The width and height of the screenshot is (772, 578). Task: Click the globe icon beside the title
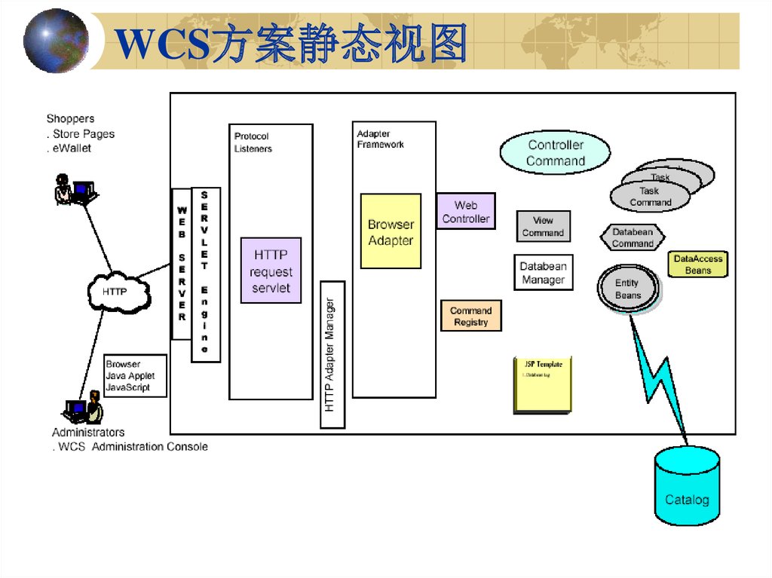click(55, 41)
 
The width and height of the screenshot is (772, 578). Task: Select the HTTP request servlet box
click(271, 271)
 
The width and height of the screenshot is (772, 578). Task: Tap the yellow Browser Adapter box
click(391, 231)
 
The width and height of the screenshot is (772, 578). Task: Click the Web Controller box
click(466, 212)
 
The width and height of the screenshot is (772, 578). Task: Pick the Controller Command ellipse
click(555, 152)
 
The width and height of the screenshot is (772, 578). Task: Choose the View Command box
click(543, 226)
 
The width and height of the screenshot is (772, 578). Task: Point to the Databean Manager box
click(543, 273)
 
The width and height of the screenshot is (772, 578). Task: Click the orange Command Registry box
click(470, 316)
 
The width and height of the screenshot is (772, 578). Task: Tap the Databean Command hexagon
click(633, 238)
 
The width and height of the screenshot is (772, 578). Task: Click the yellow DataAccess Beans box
click(698, 265)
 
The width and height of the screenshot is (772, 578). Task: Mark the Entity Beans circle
click(627, 289)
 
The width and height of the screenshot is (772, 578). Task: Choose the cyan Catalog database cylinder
click(687, 486)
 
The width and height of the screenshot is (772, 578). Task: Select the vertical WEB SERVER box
click(181, 264)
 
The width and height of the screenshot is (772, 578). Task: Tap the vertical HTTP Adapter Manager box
click(332, 354)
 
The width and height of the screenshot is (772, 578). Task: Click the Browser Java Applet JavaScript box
click(134, 375)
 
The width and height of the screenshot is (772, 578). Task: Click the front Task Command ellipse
click(650, 197)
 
